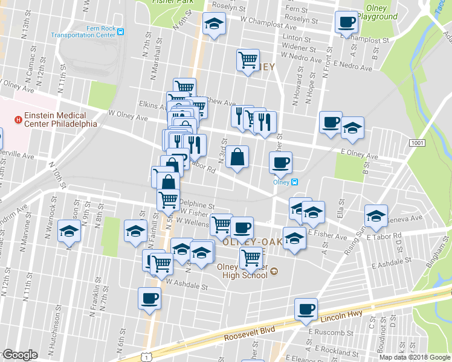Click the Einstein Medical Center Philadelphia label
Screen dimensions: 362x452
[x=59, y=119]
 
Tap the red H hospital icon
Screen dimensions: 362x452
[x=18, y=119]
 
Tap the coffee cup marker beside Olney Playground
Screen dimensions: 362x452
[x=347, y=22]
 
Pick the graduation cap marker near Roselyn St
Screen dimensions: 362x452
[x=213, y=24]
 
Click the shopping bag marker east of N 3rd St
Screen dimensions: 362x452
[x=238, y=157]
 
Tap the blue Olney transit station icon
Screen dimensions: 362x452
[x=294, y=182]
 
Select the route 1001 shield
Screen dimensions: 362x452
[x=416, y=143]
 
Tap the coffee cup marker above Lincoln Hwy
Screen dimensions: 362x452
[x=306, y=310]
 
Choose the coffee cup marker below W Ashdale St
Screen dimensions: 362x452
[x=150, y=298]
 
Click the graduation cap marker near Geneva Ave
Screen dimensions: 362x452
[x=375, y=216]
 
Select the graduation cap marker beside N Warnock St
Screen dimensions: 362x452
[x=69, y=231]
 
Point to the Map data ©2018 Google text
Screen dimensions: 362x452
[x=414, y=358]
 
